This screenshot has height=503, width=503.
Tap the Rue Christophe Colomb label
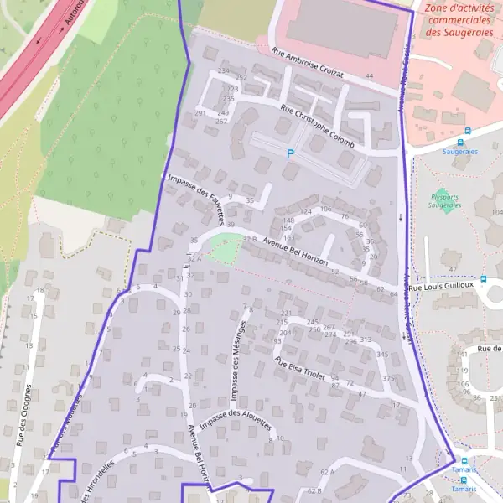[x=317, y=127]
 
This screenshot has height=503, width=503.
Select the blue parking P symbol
[x=291, y=153]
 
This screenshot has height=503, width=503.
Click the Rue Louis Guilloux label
[x=448, y=285]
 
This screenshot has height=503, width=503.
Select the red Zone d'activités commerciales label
[x=458, y=21]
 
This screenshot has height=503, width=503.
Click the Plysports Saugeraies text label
[x=445, y=200]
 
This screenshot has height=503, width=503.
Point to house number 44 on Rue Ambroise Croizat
[x=369, y=77]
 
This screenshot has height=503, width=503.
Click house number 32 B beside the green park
[x=249, y=239]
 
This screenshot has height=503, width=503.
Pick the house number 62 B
[x=314, y=491]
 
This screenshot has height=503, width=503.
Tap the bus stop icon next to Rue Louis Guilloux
[x=483, y=279]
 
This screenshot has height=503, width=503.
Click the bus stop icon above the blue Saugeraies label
[x=468, y=131]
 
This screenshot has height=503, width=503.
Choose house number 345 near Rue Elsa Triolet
[x=382, y=355]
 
